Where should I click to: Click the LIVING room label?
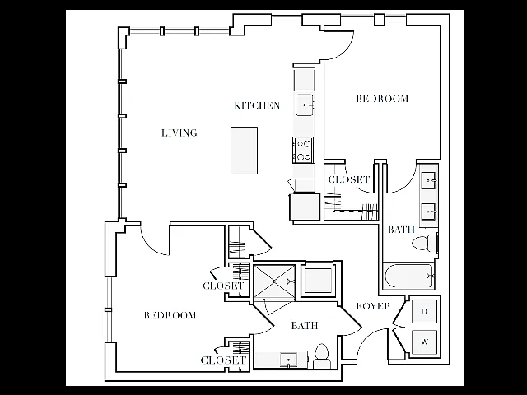[x=180, y=133]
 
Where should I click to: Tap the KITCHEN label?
[x=257, y=105]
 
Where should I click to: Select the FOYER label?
[x=373, y=306]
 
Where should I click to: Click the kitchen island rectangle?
[x=245, y=150]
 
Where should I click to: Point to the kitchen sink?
[x=305, y=105]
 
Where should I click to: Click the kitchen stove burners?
[x=304, y=151]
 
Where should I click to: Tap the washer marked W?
[x=425, y=342]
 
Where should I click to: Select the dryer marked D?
[x=425, y=311]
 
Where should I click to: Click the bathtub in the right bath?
[x=409, y=276]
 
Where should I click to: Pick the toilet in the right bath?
[x=424, y=243]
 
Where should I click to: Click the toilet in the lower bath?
[x=322, y=356]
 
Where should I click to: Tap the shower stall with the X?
[x=274, y=281]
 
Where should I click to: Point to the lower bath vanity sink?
[x=289, y=360]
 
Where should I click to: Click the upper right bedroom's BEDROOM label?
[x=382, y=99]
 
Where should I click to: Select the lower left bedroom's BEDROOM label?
[x=170, y=315]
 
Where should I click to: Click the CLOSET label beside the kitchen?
[x=349, y=179]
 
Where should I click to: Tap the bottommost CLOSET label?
[x=223, y=360]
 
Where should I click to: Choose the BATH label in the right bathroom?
[x=401, y=230]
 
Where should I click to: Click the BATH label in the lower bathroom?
[x=305, y=326]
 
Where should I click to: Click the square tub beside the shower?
[x=319, y=280]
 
